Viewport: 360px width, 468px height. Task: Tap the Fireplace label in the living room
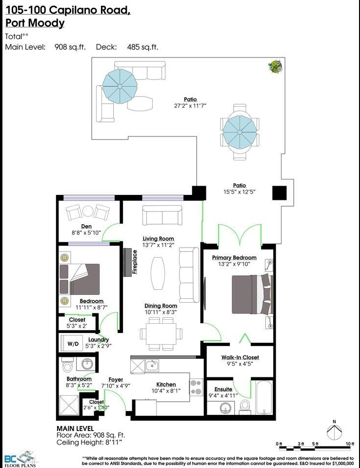click(135, 262)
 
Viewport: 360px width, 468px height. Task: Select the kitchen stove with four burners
click(196, 387)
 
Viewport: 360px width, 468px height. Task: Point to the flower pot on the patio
click(275, 66)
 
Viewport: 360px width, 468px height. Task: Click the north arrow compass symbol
click(334, 431)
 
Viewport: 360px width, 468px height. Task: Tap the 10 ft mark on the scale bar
click(350, 444)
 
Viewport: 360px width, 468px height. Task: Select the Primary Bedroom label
click(234, 257)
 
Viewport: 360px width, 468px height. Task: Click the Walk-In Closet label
click(240, 357)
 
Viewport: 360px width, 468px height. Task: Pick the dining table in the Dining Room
click(161, 333)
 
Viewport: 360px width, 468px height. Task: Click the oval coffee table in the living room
click(158, 273)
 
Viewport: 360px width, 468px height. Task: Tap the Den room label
click(86, 227)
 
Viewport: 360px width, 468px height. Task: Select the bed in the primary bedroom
click(253, 294)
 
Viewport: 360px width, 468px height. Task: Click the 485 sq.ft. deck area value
click(142, 47)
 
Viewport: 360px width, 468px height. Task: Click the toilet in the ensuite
click(245, 407)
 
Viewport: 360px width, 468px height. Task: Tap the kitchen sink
click(152, 365)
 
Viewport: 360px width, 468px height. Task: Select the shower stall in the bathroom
click(69, 405)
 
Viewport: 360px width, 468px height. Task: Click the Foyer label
click(116, 379)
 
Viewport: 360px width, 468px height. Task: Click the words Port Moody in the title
click(35, 23)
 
